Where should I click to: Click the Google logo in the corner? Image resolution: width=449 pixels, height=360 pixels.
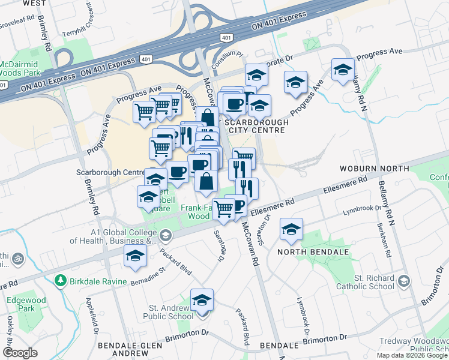tap(20, 353)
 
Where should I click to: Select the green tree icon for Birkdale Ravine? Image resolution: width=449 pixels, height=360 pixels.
tap(60, 281)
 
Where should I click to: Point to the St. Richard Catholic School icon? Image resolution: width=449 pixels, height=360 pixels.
tap(404, 281)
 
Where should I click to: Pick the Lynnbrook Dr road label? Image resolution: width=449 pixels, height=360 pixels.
tap(363, 212)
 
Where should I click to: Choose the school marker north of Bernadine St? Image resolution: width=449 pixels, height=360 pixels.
tap(136, 256)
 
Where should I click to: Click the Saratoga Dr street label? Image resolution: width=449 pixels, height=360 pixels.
tap(219, 247)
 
